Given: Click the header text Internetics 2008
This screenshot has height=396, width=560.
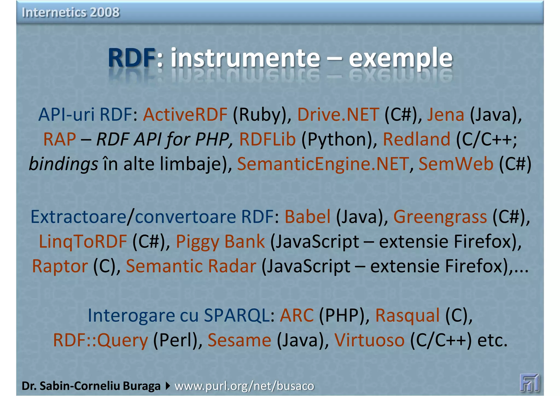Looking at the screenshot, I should [71, 12].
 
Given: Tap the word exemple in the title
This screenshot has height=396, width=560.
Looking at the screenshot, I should [401, 58].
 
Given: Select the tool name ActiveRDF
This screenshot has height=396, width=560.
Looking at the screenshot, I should [185, 115].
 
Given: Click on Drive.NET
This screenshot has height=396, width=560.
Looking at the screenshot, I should [338, 115].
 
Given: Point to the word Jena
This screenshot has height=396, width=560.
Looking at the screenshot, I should [445, 115].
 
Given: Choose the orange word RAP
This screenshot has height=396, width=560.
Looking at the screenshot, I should [60, 139].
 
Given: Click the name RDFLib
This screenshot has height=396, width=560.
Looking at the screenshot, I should [267, 139].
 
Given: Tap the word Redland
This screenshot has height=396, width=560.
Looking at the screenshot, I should [416, 139].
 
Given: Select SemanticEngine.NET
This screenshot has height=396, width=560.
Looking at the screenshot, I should [323, 164].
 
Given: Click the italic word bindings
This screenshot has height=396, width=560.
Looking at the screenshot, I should [63, 164].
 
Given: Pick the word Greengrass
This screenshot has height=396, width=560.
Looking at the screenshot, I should [440, 217].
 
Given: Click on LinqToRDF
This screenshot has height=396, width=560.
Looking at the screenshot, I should [83, 242].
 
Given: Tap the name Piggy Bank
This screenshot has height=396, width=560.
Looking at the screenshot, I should [220, 242].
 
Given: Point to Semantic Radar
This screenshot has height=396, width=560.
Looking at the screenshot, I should [191, 266].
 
